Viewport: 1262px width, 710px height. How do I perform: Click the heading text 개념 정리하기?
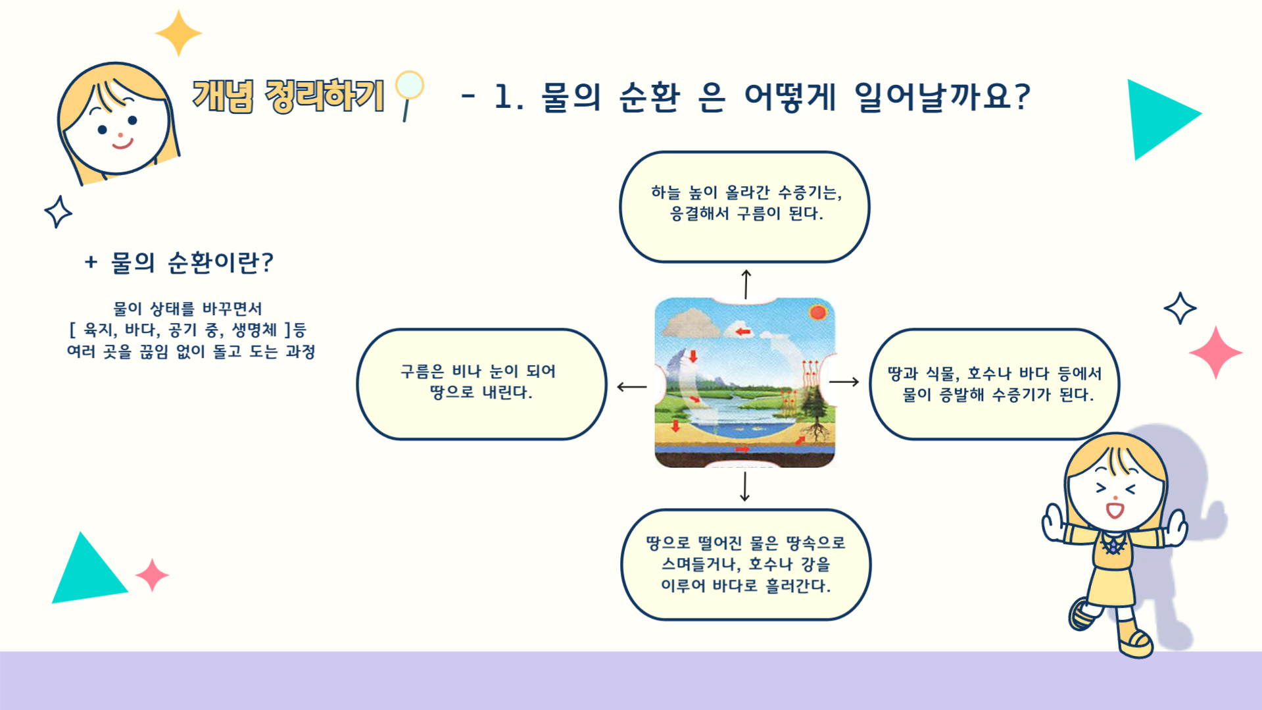tap(288, 96)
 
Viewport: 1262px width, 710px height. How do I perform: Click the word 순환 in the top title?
tap(649, 97)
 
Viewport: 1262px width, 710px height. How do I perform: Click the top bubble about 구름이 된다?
tap(744, 207)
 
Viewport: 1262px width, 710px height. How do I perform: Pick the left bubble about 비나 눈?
tap(481, 384)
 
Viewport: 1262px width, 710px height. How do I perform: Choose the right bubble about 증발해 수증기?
tap(994, 384)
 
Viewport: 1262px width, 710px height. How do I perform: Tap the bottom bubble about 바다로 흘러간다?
tap(746, 565)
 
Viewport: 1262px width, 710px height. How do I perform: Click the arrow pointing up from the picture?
tap(746, 284)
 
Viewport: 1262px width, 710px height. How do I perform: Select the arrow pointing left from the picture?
tap(632, 387)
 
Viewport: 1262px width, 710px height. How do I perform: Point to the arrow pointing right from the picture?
tap(844, 382)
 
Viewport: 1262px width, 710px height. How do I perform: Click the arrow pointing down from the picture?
tap(744, 486)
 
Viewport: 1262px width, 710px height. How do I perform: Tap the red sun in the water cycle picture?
tap(818, 312)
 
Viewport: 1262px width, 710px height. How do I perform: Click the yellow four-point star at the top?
tap(178, 33)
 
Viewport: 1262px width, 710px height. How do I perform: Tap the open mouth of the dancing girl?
tap(1115, 510)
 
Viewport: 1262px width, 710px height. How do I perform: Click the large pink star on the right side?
tap(1215, 353)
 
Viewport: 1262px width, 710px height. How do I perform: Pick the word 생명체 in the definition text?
tap(255, 330)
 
